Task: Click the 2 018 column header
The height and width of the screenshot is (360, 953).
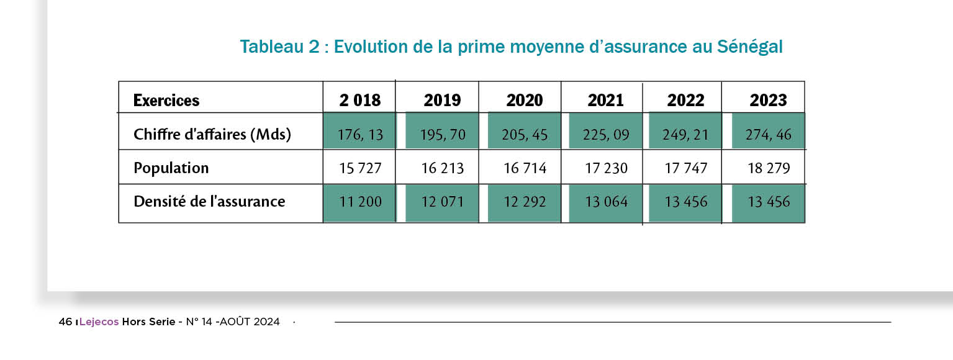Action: [x=359, y=100]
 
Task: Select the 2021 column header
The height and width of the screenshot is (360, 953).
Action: [x=605, y=100]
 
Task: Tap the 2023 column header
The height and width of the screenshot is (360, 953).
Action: [x=768, y=100]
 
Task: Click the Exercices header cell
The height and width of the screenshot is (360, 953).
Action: [x=166, y=100]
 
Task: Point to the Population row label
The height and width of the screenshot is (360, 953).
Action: [x=171, y=168]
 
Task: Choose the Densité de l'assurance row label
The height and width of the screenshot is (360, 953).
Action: [x=209, y=201]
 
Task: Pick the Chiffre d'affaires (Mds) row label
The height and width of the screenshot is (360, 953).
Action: [x=212, y=134]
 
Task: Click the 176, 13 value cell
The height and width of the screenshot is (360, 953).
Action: [x=360, y=134]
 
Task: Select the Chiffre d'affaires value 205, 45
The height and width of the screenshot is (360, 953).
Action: [x=525, y=134]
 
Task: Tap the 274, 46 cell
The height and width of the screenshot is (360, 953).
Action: [x=769, y=134]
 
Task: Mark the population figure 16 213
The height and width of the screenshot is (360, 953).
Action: [x=442, y=168]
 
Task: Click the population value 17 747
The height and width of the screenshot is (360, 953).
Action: [x=685, y=168]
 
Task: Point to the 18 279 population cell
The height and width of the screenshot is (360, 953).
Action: [x=769, y=168]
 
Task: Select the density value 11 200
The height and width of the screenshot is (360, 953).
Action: [x=360, y=201]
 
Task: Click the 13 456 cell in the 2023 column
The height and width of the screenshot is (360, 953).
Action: [x=769, y=201]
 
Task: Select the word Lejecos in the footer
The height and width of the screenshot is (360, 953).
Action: [x=99, y=322]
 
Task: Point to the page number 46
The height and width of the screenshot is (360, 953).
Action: [x=65, y=322]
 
